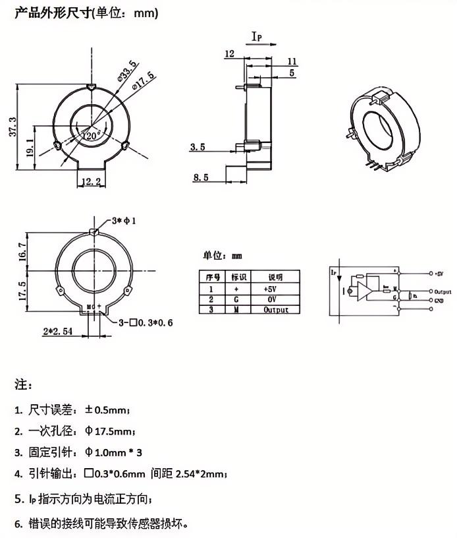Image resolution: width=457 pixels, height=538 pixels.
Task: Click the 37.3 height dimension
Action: (12, 125)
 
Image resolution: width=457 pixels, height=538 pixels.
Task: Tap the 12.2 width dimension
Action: (91, 181)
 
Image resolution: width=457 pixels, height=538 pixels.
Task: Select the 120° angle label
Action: (90, 134)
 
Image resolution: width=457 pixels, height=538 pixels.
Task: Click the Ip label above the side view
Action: (257, 38)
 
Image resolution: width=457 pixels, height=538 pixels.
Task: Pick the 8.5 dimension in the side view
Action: (201, 177)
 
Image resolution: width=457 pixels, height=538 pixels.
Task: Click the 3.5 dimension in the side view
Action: (197, 147)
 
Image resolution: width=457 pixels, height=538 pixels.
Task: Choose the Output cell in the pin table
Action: (271, 309)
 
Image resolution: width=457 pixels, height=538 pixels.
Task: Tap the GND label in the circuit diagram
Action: (439, 300)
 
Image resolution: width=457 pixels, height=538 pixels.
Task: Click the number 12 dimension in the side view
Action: (230, 53)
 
